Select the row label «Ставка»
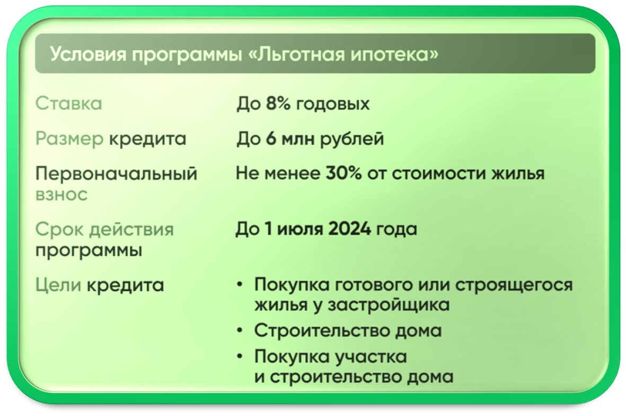(68, 104)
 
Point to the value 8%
(279, 104)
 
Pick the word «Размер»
(69, 139)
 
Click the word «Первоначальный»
(116, 174)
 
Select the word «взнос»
(61, 194)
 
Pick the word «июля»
(297, 230)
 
